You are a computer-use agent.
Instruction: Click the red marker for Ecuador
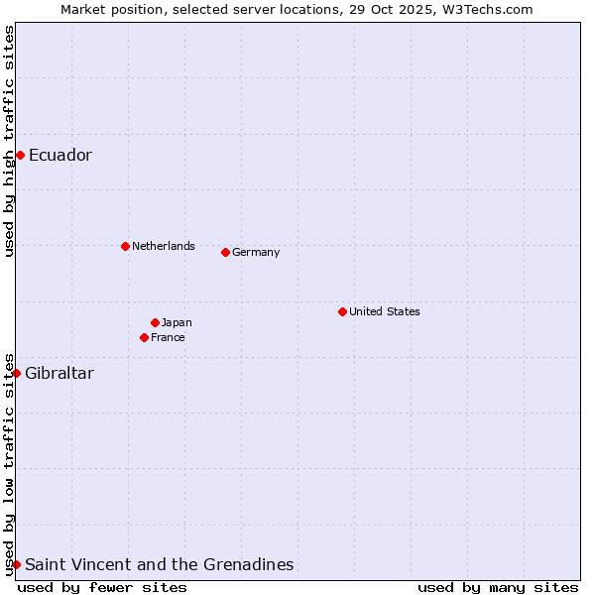[20, 155]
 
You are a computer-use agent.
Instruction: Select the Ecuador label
[60, 155]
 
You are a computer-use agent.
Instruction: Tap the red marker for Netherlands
[125, 246]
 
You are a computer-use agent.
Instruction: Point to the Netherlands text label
[164, 246]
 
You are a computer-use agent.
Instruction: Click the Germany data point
[225, 252]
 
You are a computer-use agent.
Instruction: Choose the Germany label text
[256, 252]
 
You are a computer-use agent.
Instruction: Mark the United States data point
[342, 311]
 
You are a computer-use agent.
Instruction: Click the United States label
[385, 311]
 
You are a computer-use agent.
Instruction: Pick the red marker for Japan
[155, 322]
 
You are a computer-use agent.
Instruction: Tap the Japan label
[177, 322]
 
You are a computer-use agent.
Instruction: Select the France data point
[144, 337]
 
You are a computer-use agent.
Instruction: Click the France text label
[168, 337]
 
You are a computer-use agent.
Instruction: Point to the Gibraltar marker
[16, 373]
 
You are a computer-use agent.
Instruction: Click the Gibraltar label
[59, 373]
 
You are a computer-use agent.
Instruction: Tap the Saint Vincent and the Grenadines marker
[16, 564]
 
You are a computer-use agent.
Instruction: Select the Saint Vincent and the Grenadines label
[160, 564]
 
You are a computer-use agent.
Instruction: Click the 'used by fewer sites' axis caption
[102, 587]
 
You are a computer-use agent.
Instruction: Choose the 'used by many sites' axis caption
[498, 587]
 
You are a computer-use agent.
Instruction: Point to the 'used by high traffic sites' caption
[9, 141]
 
